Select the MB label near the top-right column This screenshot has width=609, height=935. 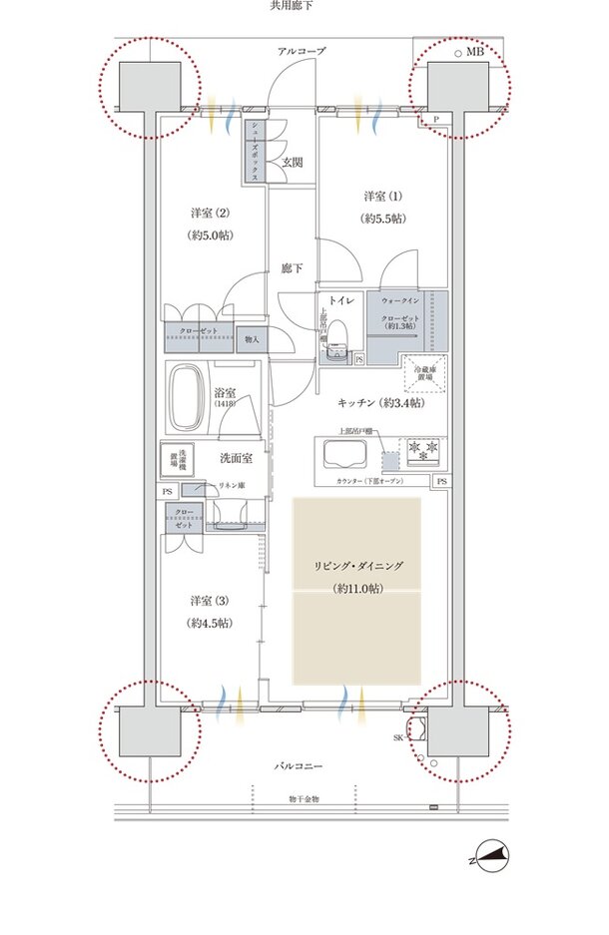tap(474, 50)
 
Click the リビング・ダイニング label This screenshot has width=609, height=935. tap(356, 566)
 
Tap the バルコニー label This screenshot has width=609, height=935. tap(304, 765)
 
